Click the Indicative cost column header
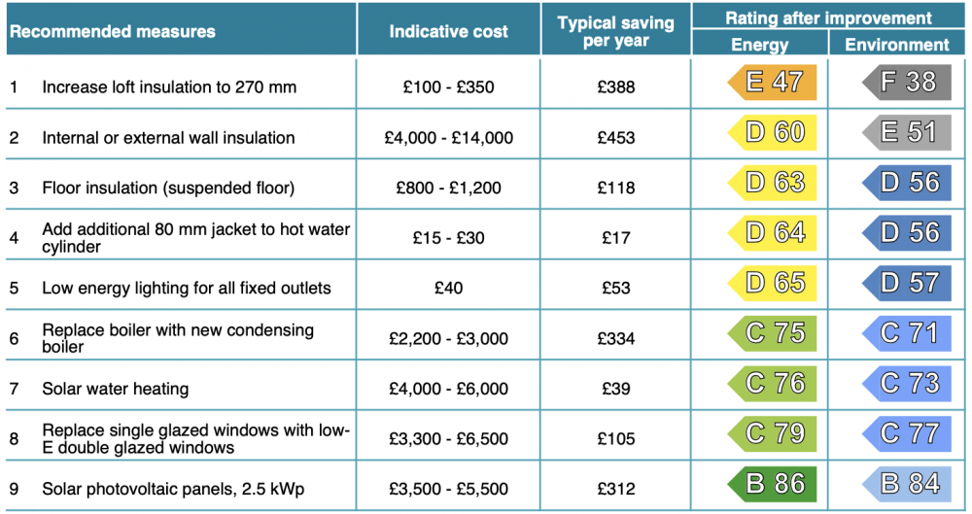(448, 32)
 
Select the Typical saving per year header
(615, 32)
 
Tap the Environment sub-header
(896, 45)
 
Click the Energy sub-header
(759, 45)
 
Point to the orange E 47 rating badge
(772, 82)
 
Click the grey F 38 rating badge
(906, 82)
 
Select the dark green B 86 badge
(772, 484)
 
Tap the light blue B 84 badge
(906, 484)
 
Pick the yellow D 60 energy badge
(772, 132)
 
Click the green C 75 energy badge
(772, 333)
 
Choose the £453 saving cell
(615, 138)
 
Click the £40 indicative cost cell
(448, 289)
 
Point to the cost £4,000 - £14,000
(448, 138)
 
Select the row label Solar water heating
(116, 389)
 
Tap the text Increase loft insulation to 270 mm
(169, 86)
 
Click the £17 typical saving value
(615, 238)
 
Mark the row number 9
(14, 489)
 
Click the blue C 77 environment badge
(906, 433)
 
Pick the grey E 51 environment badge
(906, 132)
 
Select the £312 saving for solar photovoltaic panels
(615, 489)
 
